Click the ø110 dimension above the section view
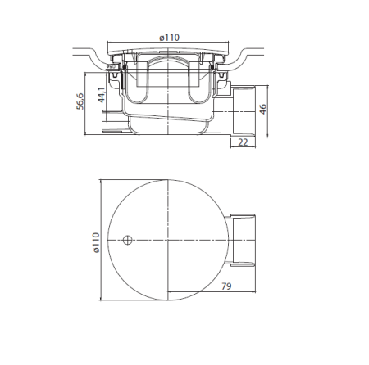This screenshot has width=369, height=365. [x=169, y=38]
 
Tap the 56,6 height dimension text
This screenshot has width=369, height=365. [x=80, y=101]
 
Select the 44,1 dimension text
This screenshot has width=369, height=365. [x=102, y=95]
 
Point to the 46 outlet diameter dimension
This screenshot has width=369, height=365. [x=262, y=109]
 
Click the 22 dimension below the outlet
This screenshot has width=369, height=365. [x=243, y=142]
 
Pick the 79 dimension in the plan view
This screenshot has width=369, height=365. [x=226, y=286]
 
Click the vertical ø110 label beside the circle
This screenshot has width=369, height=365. [x=96, y=242]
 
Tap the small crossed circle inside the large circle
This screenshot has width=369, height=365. [x=127, y=240]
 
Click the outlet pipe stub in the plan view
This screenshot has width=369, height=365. [x=240, y=240]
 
